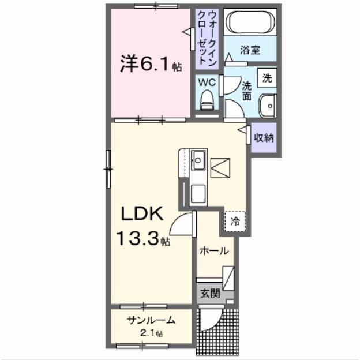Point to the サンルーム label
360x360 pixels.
[x=151, y=321]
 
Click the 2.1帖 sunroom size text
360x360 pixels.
[x=152, y=333]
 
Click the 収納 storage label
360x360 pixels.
[x=264, y=138]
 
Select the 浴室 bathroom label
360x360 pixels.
[x=250, y=50]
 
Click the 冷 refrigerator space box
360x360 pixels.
[x=235, y=220]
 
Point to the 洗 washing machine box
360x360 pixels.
[x=267, y=77]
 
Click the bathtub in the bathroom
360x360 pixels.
[x=249, y=23]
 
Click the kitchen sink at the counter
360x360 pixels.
[x=198, y=159]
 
